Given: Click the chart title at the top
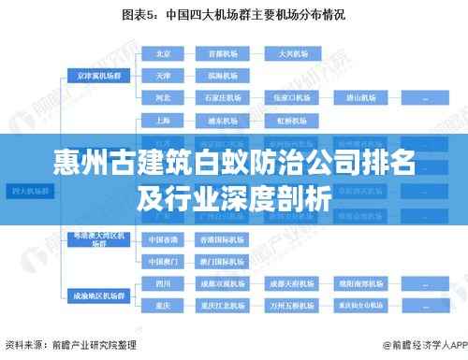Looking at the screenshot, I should (x=233, y=14).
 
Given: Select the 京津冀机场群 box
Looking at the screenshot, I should (x=97, y=74).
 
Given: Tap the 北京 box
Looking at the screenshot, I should (x=164, y=53).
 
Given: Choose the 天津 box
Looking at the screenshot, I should (x=164, y=74).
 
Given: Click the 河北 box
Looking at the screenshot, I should (x=164, y=96).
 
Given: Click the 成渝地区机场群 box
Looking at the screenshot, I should (x=97, y=294).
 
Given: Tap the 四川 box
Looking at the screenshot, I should (x=164, y=281).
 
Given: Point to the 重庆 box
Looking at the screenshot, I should (x=164, y=305).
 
